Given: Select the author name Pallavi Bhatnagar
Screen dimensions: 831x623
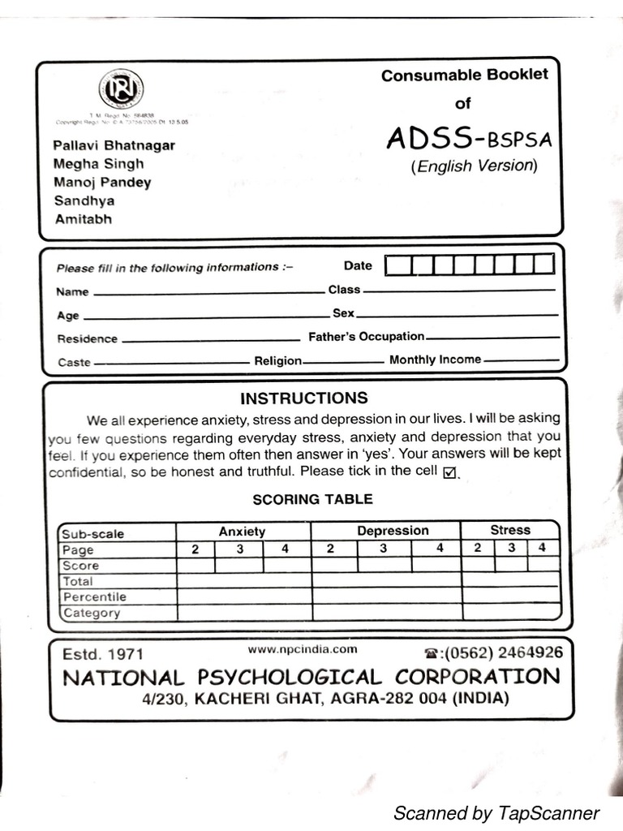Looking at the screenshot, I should [114, 146].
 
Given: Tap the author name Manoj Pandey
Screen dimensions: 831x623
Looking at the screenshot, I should [102, 183].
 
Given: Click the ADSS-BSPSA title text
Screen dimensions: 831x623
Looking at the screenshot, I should [468, 139].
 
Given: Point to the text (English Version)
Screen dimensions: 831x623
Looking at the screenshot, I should [475, 166].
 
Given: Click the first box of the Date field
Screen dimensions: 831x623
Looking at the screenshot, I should [397, 265].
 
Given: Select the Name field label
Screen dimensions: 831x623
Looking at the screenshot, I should [73, 292].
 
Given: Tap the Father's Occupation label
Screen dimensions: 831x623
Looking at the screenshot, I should [366, 337].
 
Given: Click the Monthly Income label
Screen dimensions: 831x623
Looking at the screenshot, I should [435, 360].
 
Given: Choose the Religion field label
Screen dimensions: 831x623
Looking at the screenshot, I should [277, 361].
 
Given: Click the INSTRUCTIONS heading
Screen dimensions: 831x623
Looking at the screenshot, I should [303, 398].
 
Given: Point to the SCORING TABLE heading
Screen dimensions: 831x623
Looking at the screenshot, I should [312, 499].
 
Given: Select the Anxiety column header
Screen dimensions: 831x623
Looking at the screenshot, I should [242, 532].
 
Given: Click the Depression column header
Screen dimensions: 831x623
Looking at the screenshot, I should [393, 531].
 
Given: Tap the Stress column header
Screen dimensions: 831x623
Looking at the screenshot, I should [509, 530].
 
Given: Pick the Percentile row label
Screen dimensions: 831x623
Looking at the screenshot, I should [94, 597].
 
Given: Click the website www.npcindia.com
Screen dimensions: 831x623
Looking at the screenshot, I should [303, 649].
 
